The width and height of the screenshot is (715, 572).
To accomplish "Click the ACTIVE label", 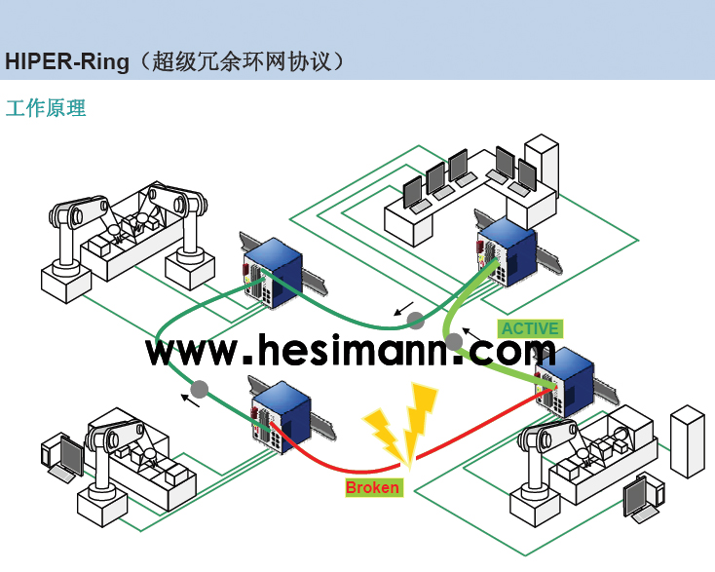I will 530,328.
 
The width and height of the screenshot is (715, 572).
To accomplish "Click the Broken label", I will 373,486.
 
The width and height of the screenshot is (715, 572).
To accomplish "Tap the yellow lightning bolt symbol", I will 400,424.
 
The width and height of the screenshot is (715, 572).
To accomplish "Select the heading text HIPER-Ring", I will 67,61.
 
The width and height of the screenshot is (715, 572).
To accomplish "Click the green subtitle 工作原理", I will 46,108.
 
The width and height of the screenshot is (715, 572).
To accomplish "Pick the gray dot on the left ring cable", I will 200,389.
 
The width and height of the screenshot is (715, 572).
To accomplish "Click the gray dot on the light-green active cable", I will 454,341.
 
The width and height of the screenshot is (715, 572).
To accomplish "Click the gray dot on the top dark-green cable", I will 416,321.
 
